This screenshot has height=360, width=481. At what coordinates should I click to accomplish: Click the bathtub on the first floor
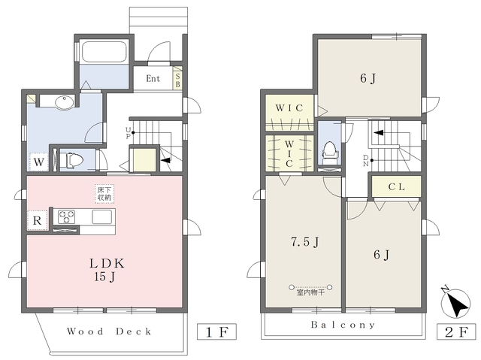click(104, 51)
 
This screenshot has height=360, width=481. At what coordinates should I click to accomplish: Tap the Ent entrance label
click(153, 78)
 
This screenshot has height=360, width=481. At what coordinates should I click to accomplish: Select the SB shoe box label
click(177, 80)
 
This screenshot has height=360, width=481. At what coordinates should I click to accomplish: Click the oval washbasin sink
click(65, 102)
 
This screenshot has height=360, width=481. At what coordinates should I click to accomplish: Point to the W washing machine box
click(38, 162)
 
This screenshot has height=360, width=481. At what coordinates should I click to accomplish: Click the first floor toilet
click(71, 160)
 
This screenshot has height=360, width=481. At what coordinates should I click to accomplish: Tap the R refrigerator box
click(37, 220)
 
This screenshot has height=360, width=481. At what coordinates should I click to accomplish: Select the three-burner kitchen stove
click(66, 216)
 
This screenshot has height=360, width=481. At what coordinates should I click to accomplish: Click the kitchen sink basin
click(102, 217)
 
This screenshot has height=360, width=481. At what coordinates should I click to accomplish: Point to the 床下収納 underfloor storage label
click(104, 193)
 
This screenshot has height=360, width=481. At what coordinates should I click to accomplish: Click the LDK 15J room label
click(106, 270)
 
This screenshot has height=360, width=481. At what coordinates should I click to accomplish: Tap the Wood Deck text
click(109, 331)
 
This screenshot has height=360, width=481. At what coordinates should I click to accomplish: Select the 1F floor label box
click(216, 331)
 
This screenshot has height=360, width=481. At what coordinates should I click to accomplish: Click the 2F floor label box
click(457, 331)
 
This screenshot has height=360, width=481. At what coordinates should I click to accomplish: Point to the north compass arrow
click(455, 303)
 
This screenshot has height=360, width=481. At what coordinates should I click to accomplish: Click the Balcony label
click(343, 325)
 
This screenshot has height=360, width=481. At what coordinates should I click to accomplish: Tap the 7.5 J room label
click(305, 242)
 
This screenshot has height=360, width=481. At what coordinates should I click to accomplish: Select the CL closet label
click(396, 186)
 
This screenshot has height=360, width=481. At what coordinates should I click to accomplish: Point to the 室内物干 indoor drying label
click(310, 292)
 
